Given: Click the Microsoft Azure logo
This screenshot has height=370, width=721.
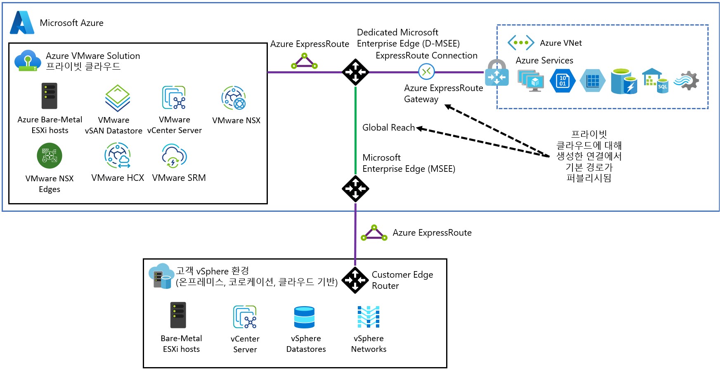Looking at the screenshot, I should tap(22, 23).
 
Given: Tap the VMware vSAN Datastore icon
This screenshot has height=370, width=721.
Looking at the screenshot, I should tap(118, 98).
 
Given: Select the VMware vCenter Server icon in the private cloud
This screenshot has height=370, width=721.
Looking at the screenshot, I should tap(174, 98).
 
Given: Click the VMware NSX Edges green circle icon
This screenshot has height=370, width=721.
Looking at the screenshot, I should tap(50, 156).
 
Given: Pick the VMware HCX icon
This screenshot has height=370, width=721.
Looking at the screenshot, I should tap(118, 155).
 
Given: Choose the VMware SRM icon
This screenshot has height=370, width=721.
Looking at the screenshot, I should tap(174, 156).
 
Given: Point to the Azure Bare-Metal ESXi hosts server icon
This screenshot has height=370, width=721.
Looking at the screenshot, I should tap(50, 96).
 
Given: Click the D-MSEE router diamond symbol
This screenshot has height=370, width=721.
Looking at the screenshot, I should tap(355, 72).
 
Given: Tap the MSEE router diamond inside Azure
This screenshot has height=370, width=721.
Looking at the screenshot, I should tap(355, 189).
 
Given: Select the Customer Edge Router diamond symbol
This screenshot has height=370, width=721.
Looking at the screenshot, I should tap(355, 280).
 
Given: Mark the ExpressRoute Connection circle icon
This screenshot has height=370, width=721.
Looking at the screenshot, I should tap(426, 72).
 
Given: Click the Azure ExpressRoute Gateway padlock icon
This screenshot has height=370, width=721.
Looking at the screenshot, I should tap(496, 73).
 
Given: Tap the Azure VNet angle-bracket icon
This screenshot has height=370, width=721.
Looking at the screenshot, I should tap(521, 42).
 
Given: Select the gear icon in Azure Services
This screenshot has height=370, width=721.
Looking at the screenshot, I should tap(687, 80).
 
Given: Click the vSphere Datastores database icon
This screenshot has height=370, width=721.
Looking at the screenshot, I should tap(305, 317).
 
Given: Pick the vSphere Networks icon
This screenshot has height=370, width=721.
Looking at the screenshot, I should tap(369, 317).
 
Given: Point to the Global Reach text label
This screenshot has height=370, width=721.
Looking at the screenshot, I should tap(388, 128).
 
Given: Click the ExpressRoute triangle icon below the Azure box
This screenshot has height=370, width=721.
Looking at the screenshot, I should tap(374, 233).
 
